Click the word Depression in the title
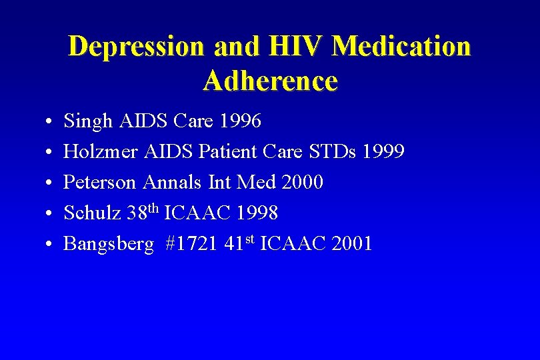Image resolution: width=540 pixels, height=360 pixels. (136, 47)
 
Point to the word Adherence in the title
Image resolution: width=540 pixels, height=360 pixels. (270, 81)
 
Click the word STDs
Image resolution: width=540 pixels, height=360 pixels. (333, 152)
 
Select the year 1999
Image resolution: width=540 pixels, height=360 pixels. (382, 152)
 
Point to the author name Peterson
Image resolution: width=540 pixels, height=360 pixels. (101, 183)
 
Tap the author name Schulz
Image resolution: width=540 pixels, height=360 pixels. (92, 213)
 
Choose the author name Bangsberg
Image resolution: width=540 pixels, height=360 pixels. (108, 245)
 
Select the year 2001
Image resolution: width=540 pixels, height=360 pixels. (350, 244)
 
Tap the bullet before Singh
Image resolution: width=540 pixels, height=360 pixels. (51, 122)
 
